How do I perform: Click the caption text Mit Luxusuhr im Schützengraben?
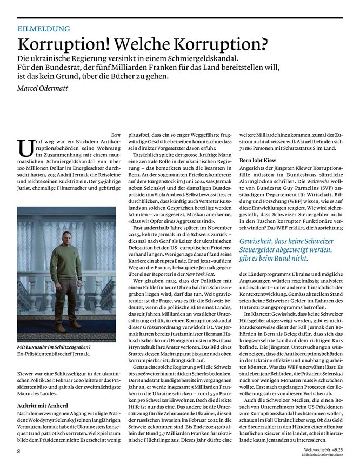54,347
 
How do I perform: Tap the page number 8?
18,450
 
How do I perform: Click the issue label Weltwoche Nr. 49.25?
321,450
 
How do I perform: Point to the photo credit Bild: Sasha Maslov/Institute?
321,456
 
